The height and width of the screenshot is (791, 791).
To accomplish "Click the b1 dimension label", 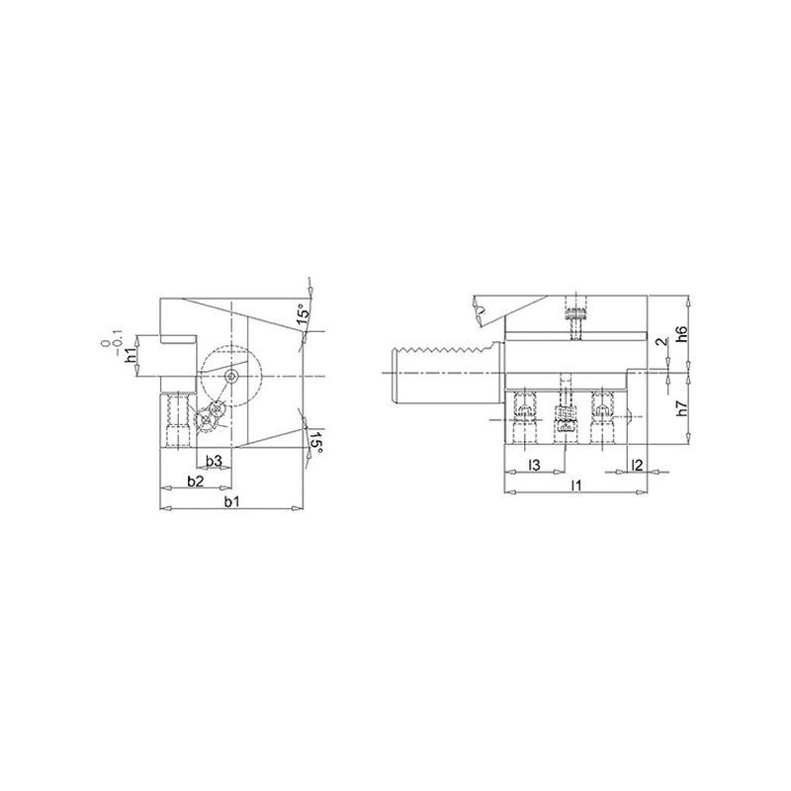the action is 231,501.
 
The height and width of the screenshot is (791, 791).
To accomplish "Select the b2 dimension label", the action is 195,482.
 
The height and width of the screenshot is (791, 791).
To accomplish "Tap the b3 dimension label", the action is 214,461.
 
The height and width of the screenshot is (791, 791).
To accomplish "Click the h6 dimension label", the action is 682,334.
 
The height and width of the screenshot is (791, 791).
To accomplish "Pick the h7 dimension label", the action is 682,408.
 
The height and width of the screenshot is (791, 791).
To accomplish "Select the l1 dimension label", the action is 576,485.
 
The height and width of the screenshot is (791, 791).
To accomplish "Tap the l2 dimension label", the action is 637,465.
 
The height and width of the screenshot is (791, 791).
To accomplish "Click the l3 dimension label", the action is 534,465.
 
